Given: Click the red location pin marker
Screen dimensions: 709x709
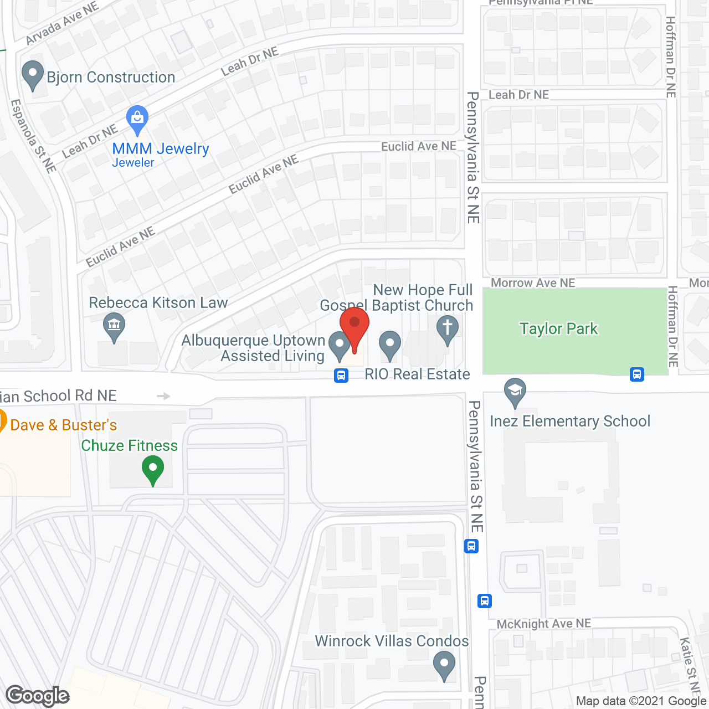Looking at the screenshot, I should pyautogui.click(x=354, y=325).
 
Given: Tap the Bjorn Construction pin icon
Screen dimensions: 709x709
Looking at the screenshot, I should pyautogui.click(x=33, y=74).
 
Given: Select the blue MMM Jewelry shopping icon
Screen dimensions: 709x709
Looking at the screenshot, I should pyautogui.click(x=137, y=119).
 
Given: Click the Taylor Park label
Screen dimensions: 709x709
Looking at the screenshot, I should pyautogui.click(x=558, y=329).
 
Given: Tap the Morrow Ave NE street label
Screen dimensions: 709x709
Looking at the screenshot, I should pyautogui.click(x=533, y=283).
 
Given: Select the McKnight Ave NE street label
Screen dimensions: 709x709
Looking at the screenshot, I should pyautogui.click(x=543, y=624).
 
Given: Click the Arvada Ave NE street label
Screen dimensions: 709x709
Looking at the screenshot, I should pyautogui.click(x=61, y=23).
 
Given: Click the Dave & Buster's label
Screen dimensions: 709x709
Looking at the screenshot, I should pyautogui.click(x=63, y=425).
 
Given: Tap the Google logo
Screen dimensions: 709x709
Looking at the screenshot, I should pyautogui.click(x=38, y=696).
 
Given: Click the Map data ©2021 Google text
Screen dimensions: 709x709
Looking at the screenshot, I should pyautogui.click(x=641, y=701).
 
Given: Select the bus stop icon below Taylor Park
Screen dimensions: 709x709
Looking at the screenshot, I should pyautogui.click(x=637, y=374).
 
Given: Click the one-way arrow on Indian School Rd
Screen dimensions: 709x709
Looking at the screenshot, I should pyautogui.click(x=163, y=396).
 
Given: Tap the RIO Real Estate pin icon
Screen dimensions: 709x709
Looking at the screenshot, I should pyautogui.click(x=390, y=345).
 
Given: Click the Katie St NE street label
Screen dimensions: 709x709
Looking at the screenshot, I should pyautogui.click(x=688, y=664).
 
